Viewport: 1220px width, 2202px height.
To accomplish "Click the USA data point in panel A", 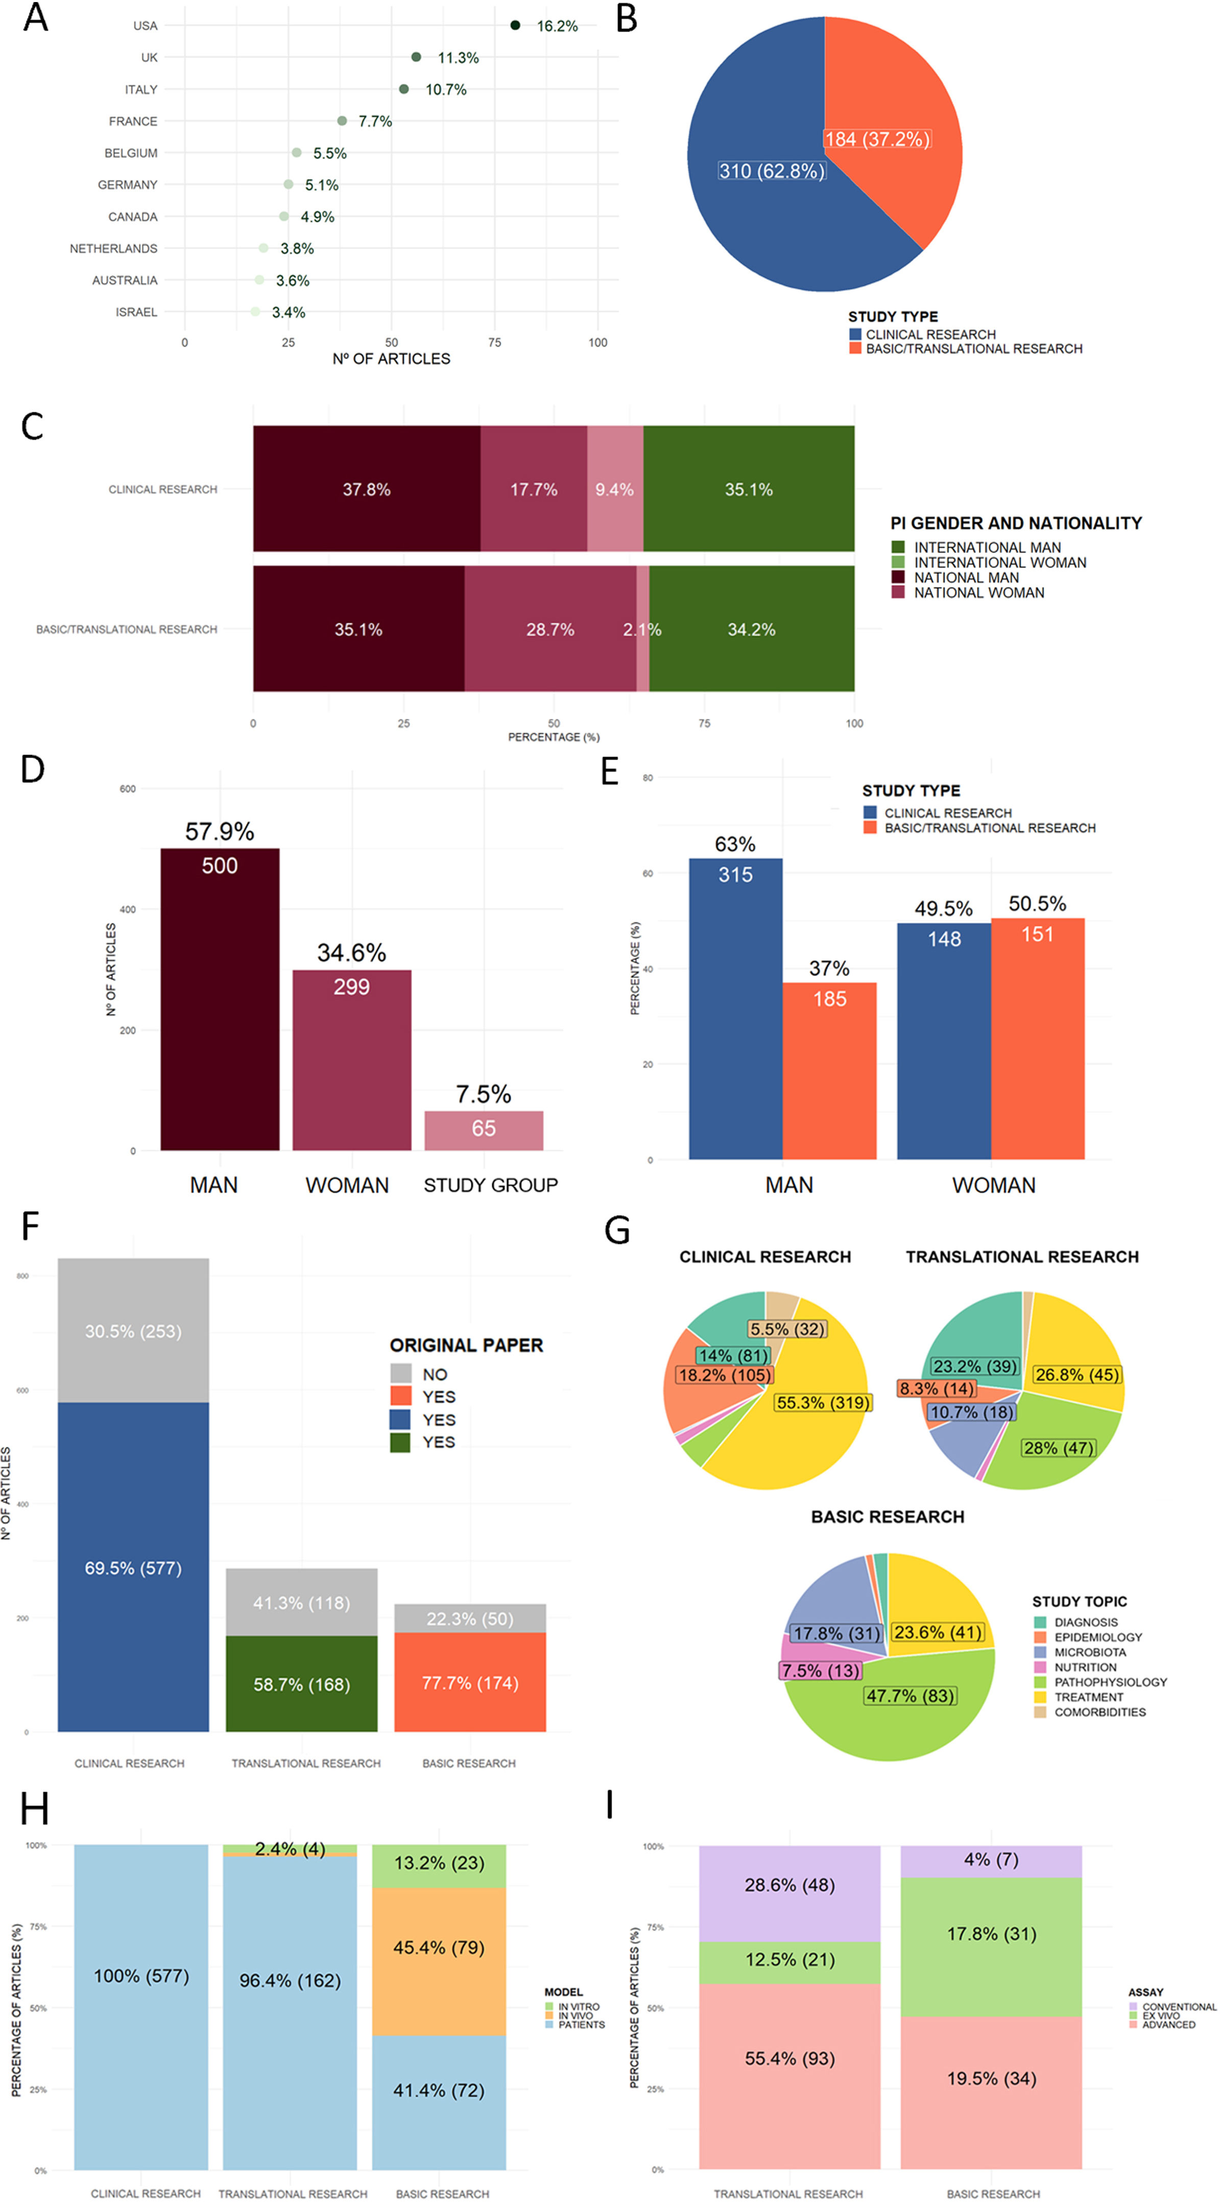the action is click(x=515, y=25).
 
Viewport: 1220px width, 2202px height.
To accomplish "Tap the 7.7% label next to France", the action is click(x=375, y=122).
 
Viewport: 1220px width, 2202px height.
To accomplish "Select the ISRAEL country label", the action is click(x=137, y=312).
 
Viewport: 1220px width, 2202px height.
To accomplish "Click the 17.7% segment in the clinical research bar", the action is click(x=534, y=489).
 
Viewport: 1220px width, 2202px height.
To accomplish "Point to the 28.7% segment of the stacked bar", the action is click(x=551, y=629).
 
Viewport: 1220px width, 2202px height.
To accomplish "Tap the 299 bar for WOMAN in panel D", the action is click(x=351, y=1060).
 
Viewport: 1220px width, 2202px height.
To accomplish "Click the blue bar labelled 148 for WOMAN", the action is click(x=944, y=1041).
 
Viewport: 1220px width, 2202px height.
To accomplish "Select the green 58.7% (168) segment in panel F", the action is click(x=302, y=1684).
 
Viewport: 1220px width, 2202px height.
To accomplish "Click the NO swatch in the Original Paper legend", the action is click(x=401, y=1374).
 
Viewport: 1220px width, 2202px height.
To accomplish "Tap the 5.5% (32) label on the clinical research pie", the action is click(x=787, y=1329).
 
